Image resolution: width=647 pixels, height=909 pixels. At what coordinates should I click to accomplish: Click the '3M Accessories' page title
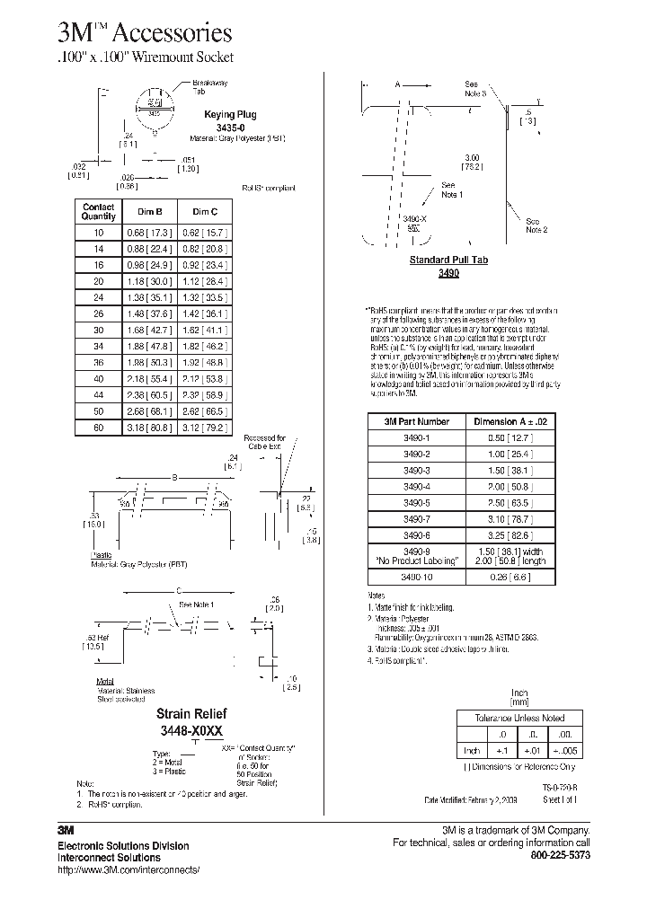pyautogui.click(x=145, y=34)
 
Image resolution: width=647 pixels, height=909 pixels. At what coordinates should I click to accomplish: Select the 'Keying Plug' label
pyautogui.click(x=232, y=115)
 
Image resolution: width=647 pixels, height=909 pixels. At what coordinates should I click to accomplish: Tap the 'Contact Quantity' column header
pyautogui.click(x=99, y=211)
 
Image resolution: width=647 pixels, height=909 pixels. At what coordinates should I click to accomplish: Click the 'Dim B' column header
pyautogui.click(x=149, y=211)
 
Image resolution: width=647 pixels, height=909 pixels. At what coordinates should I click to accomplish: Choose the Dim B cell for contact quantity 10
pyautogui.click(x=149, y=232)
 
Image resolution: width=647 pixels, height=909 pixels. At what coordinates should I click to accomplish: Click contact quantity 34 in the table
pyautogui.click(x=99, y=346)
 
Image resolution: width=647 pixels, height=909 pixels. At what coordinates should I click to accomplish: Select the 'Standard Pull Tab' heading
pyautogui.click(x=448, y=260)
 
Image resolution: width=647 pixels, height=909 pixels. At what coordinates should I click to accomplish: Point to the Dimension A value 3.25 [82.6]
pyautogui.click(x=503, y=534)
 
